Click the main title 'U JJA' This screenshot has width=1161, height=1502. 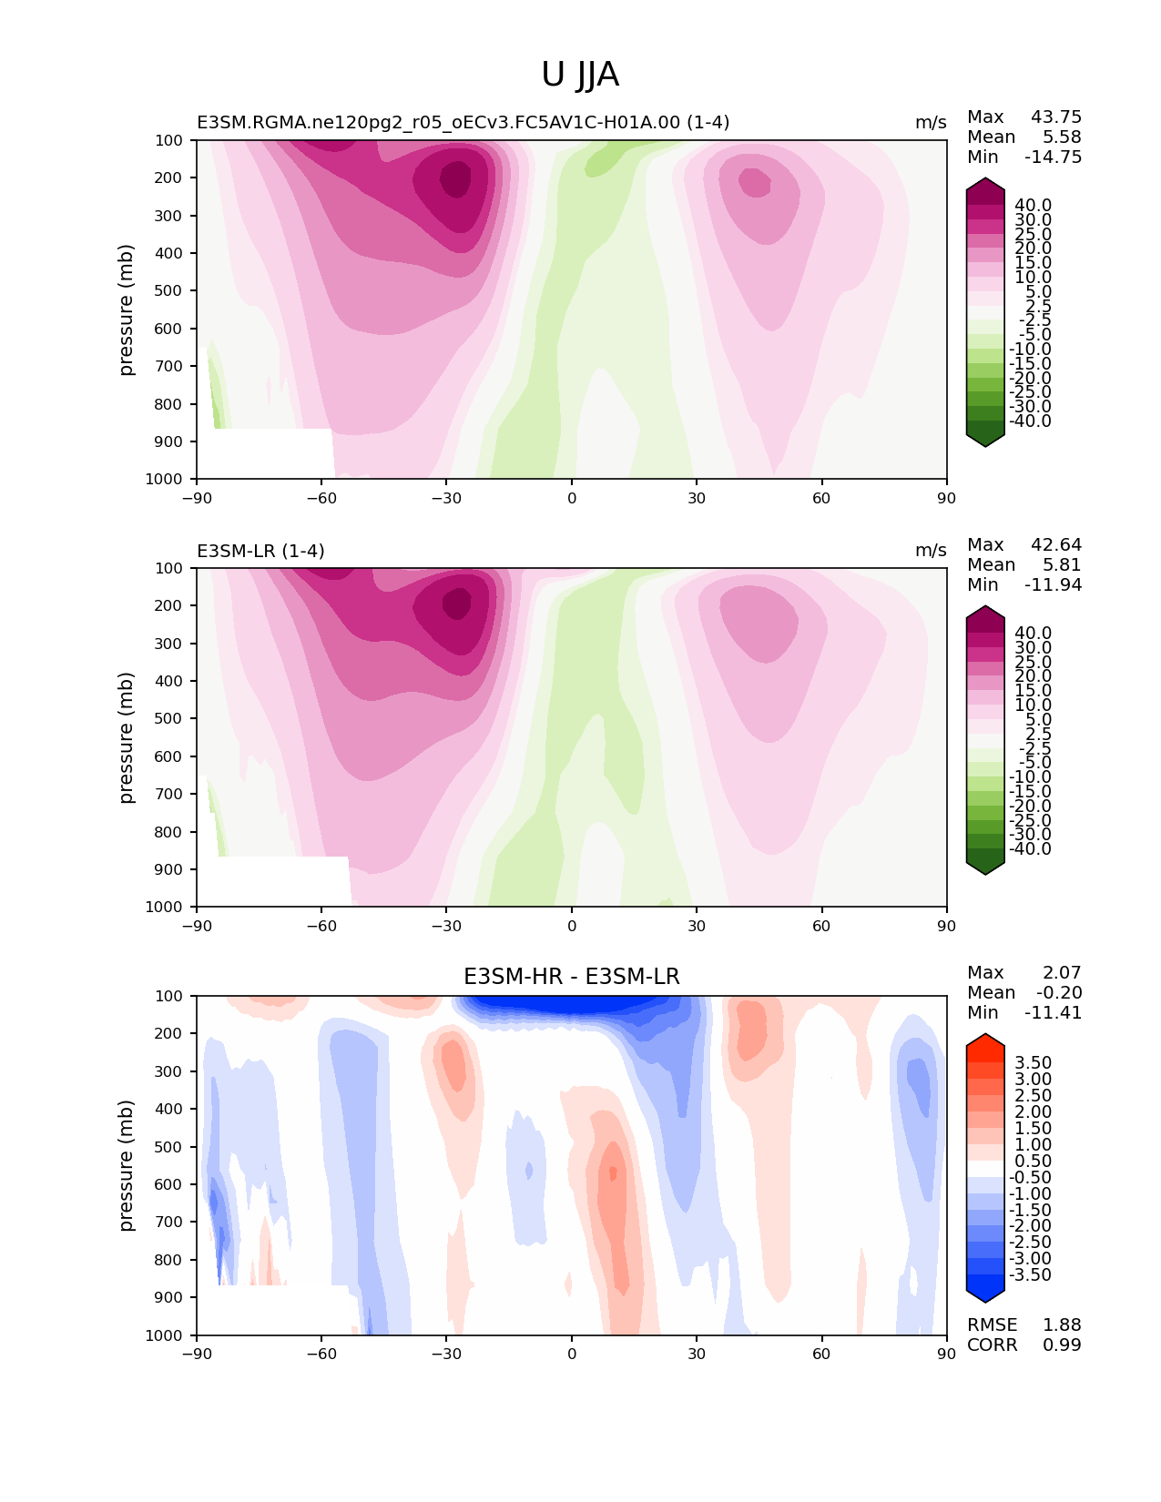pos(579,75)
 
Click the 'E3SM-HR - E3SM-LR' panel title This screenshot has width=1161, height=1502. pos(571,977)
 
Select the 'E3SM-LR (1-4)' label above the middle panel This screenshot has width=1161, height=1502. pos(260,551)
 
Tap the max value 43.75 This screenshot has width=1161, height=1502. pos(1056,117)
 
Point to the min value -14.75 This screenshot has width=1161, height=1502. pos(1053,157)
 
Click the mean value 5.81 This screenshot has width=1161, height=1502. pos(1062,564)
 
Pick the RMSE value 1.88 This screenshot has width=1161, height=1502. pos(1062,1324)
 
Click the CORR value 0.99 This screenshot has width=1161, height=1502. pos(1062,1345)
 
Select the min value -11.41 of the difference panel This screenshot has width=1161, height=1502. pos(1053,1012)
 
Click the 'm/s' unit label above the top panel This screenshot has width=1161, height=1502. pos(931,123)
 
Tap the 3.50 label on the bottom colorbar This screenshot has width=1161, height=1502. pos(1033,1062)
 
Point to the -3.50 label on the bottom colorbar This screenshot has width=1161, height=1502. pos(1030,1274)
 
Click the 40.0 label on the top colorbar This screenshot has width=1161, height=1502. pos(1033,206)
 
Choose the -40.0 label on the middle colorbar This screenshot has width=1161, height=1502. pos(1030,848)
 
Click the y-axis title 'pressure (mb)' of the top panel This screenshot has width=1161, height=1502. pos(125,310)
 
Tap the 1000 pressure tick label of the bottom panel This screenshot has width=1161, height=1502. pos(164,1335)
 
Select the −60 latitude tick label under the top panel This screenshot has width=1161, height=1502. pos(321,498)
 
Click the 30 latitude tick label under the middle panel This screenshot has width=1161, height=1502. pos(697,926)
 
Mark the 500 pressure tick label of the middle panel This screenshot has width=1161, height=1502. pos(168,719)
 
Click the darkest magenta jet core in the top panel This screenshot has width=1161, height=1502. pos(455,179)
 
